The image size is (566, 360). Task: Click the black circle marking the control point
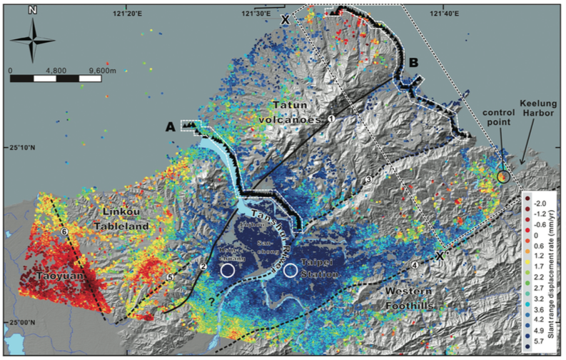click(503, 175)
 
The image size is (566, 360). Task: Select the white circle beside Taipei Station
click(290, 271)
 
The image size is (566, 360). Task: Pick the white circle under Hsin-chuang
click(227, 270)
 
